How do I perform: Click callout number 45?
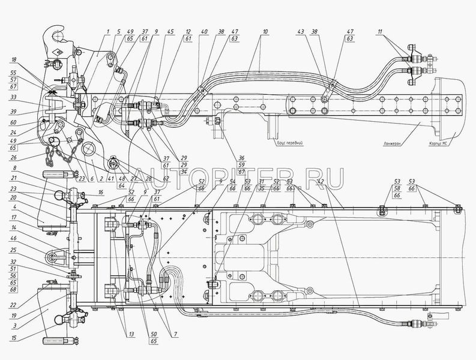[171, 32]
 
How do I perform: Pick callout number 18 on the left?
[14, 60]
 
